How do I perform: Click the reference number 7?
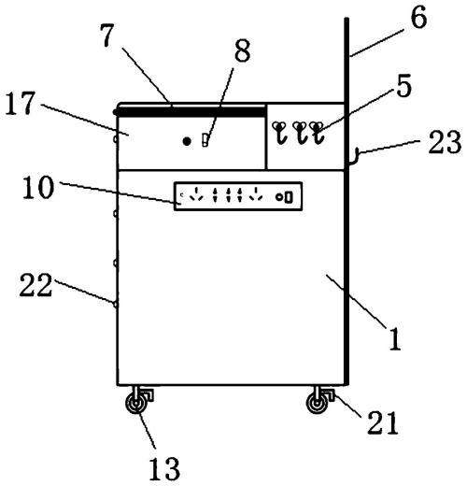[x=108, y=36]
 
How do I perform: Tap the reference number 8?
[x=242, y=50]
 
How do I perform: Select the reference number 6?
[x=418, y=17]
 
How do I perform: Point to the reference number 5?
[x=403, y=86]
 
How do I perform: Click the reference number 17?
[x=20, y=104]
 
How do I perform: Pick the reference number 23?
[x=445, y=142]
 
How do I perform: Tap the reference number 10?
[x=38, y=187]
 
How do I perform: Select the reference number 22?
[x=35, y=285]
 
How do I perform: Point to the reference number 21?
[x=383, y=422]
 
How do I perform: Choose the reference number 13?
[x=164, y=469]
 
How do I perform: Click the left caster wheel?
[x=136, y=404]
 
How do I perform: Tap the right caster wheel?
[x=318, y=404]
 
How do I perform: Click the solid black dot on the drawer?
[x=187, y=141]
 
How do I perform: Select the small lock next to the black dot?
[x=205, y=140]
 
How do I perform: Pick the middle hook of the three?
[x=300, y=133]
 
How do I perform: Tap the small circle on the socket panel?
[x=279, y=197]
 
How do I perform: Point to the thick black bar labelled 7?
[x=190, y=111]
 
